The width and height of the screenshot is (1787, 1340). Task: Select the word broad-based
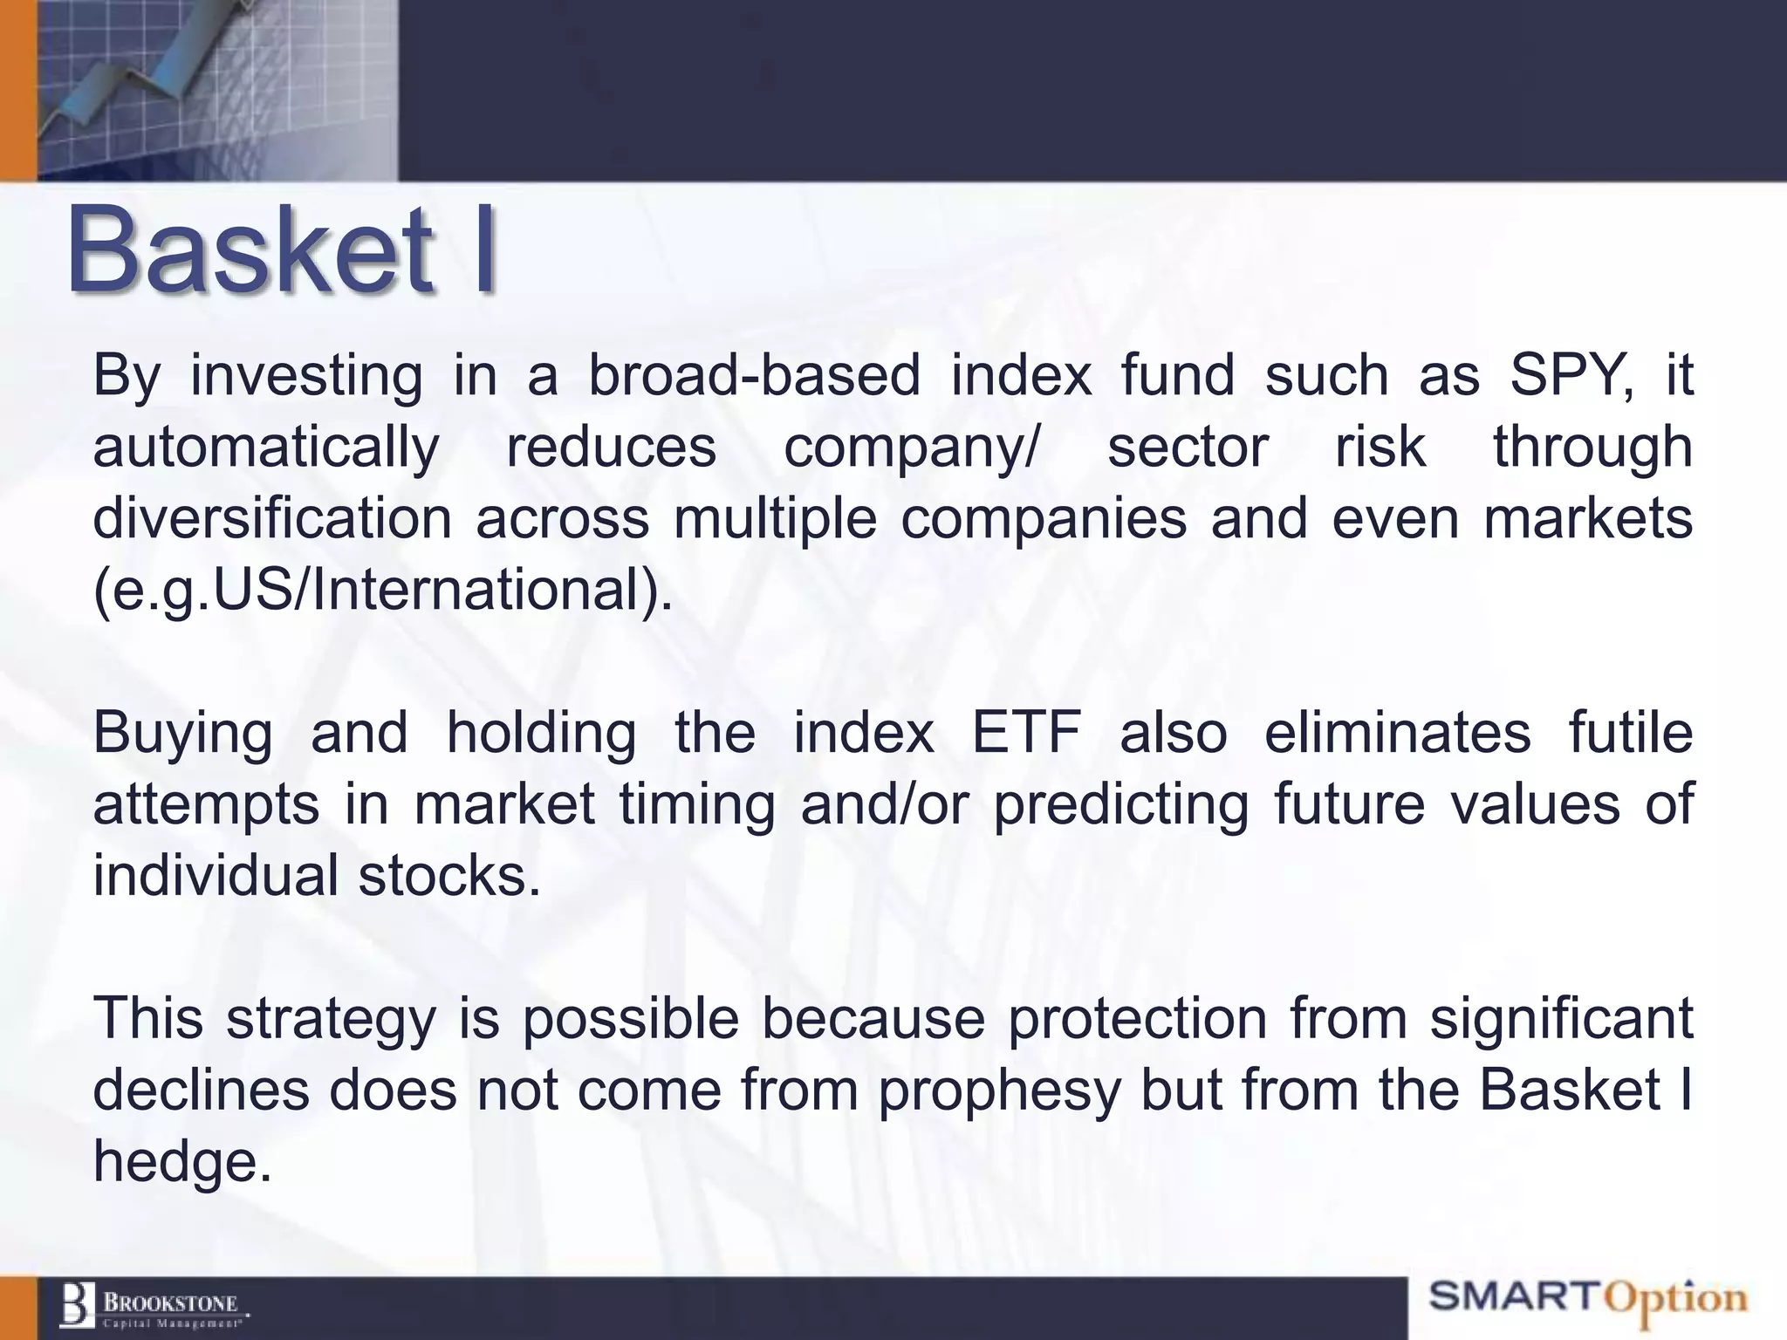pyautogui.click(x=755, y=376)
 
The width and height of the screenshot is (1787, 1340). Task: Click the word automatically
pyautogui.click(x=266, y=448)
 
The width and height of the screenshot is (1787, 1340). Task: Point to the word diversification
pyautogui.click(x=272, y=519)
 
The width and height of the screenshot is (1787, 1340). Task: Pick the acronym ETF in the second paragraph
pyautogui.click(x=1027, y=733)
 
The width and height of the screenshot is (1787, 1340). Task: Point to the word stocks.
pyautogui.click(x=449, y=876)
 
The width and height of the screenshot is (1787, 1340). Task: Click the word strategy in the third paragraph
pyautogui.click(x=331, y=1019)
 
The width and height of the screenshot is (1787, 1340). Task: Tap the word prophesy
pyautogui.click(x=999, y=1090)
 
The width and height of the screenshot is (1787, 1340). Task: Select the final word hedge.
pyautogui.click(x=181, y=1162)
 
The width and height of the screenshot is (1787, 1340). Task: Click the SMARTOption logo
pyautogui.click(x=1588, y=1298)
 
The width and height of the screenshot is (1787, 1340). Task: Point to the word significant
pyautogui.click(x=1561, y=1019)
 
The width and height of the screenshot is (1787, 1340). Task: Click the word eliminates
pyautogui.click(x=1397, y=733)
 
